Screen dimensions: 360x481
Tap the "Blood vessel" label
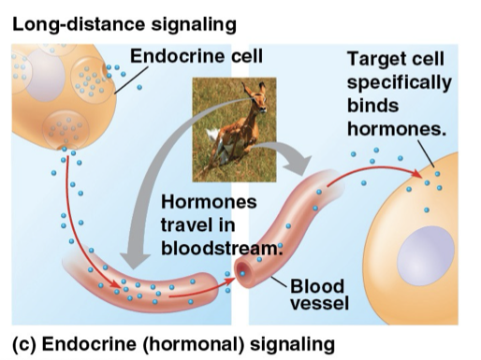click(317, 295)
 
